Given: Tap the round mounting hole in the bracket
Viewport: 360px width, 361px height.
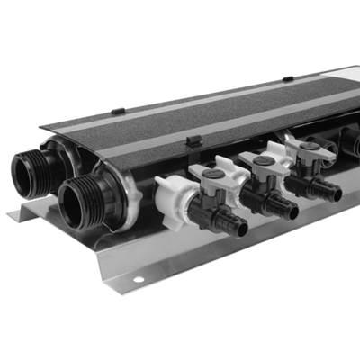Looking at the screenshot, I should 139,280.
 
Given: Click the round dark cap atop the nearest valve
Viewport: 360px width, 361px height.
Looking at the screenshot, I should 213,174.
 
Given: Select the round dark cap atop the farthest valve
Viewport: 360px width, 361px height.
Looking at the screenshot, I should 309,146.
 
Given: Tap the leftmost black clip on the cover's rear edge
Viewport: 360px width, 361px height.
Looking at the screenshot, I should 118,111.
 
